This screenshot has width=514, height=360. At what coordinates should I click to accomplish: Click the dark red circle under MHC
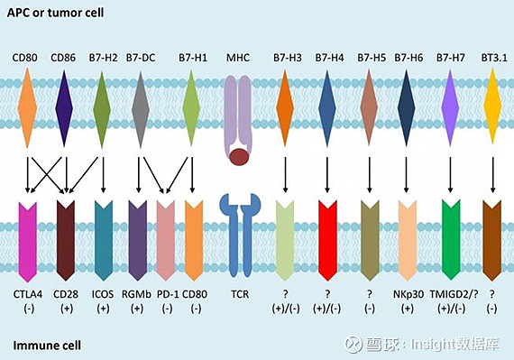coord(239,158)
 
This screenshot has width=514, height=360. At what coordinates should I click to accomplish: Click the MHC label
coord(239,59)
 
